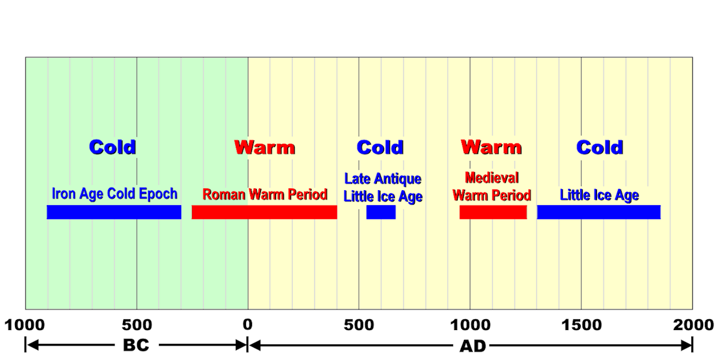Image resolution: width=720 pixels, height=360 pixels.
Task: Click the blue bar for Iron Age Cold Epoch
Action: (x=114, y=212)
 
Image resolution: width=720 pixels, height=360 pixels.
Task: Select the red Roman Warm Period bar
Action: (x=264, y=212)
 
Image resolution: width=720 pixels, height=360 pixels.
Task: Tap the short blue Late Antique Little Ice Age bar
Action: (x=381, y=212)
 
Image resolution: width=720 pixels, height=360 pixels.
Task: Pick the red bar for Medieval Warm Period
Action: (x=493, y=212)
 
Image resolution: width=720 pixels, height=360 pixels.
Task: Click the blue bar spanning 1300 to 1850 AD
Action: (x=599, y=212)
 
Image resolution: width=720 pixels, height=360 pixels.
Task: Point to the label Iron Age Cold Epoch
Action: (x=115, y=194)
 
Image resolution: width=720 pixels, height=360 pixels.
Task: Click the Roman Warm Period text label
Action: (x=265, y=194)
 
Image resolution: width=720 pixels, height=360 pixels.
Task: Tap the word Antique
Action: (x=399, y=179)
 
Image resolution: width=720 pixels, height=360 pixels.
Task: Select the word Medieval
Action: (x=492, y=178)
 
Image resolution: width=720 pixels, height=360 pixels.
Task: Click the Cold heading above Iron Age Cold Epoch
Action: (x=113, y=147)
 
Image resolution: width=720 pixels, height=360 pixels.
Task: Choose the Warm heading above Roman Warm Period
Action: (x=265, y=147)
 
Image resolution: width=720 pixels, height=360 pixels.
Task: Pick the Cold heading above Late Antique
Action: (x=380, y=147)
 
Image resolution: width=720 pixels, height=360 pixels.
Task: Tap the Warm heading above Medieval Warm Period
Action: (x=491, y=147)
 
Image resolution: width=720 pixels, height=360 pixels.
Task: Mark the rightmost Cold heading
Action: (x=600, y=147)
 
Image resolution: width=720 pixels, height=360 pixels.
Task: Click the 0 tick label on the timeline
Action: (x=248, y=325)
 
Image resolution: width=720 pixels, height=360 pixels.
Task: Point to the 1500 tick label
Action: (x=581, y=325)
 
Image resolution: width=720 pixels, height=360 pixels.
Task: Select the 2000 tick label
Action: (x=692, y=325)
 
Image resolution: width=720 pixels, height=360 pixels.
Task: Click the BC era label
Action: (x=136, y=345)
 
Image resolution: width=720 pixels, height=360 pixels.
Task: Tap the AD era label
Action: (x=470, y=345)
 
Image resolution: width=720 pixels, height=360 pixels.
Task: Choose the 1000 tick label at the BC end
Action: (x=25, y=325)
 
